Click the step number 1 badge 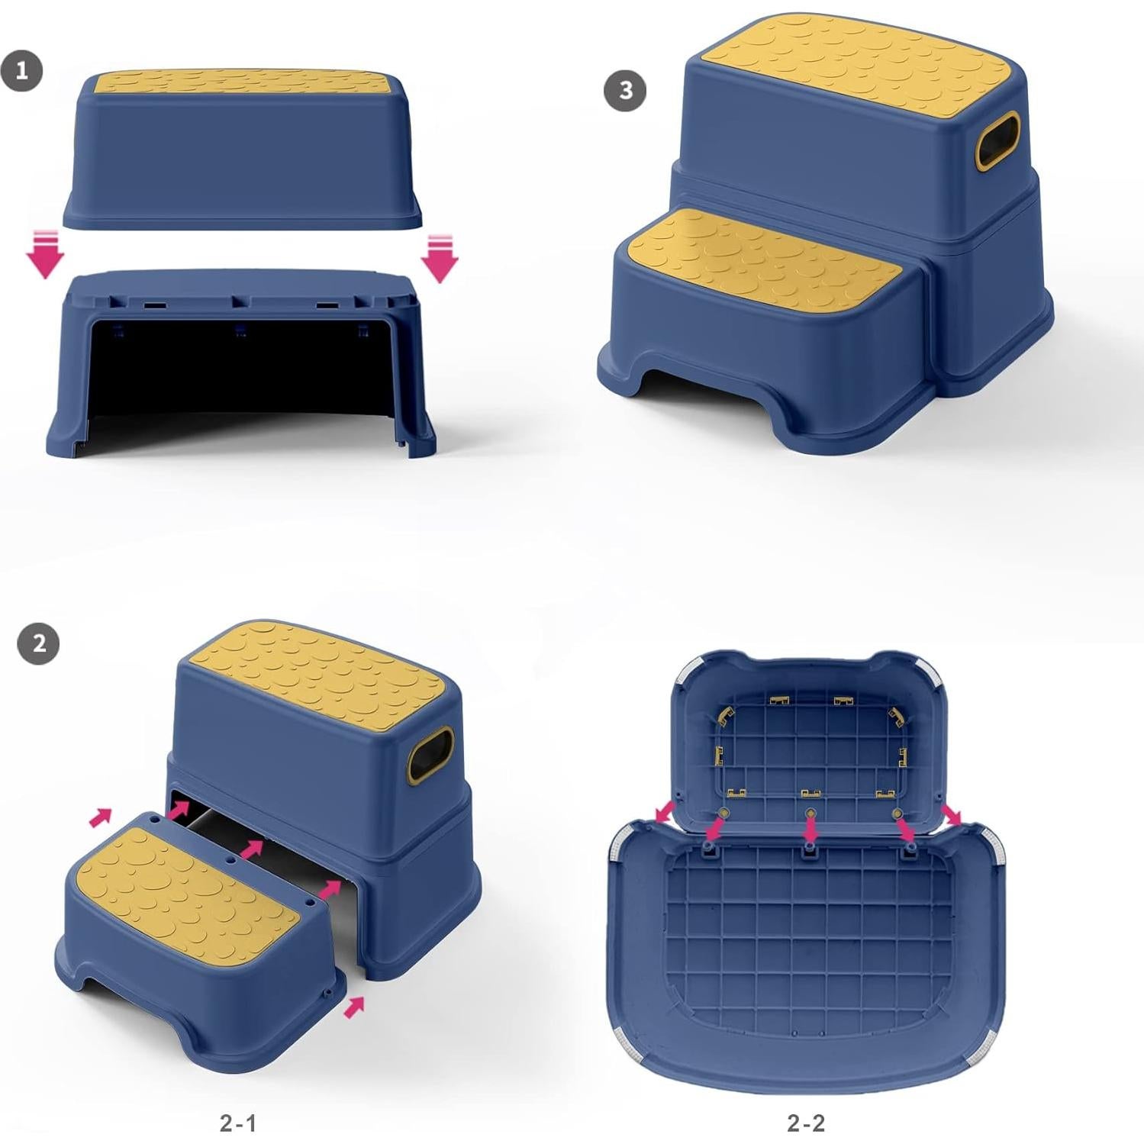[21, 71]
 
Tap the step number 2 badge [37, 643]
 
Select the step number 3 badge [625, 90]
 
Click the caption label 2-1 [238, 1123]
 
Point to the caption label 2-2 [806, 1123]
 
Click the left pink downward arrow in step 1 [46, 254]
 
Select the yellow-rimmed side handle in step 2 [430, 754]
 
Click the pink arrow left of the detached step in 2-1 [100, 817]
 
